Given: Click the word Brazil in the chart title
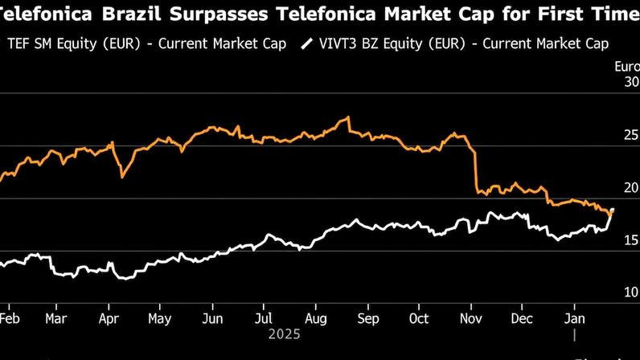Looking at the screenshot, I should point(131,13).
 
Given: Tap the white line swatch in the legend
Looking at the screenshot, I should point(306,43).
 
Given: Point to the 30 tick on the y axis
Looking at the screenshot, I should point(630,81).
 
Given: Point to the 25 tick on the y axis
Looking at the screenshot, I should point(630,134).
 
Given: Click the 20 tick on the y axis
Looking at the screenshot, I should point(630,187).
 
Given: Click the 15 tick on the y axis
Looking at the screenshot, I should point(630,239).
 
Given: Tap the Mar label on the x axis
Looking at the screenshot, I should point(56,318).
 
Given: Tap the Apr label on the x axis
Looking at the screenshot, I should point(108,318).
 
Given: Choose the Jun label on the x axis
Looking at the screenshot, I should point(211,318).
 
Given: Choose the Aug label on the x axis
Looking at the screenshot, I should point(316,318).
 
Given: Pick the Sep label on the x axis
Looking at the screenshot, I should point(367,318).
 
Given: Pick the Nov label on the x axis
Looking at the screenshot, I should point(472,318).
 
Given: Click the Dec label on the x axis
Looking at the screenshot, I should point(523,318).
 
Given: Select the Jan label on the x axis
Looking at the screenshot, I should point(574,318).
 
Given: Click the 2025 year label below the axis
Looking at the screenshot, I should point(284,333).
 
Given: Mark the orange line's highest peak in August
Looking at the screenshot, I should point(347,118).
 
